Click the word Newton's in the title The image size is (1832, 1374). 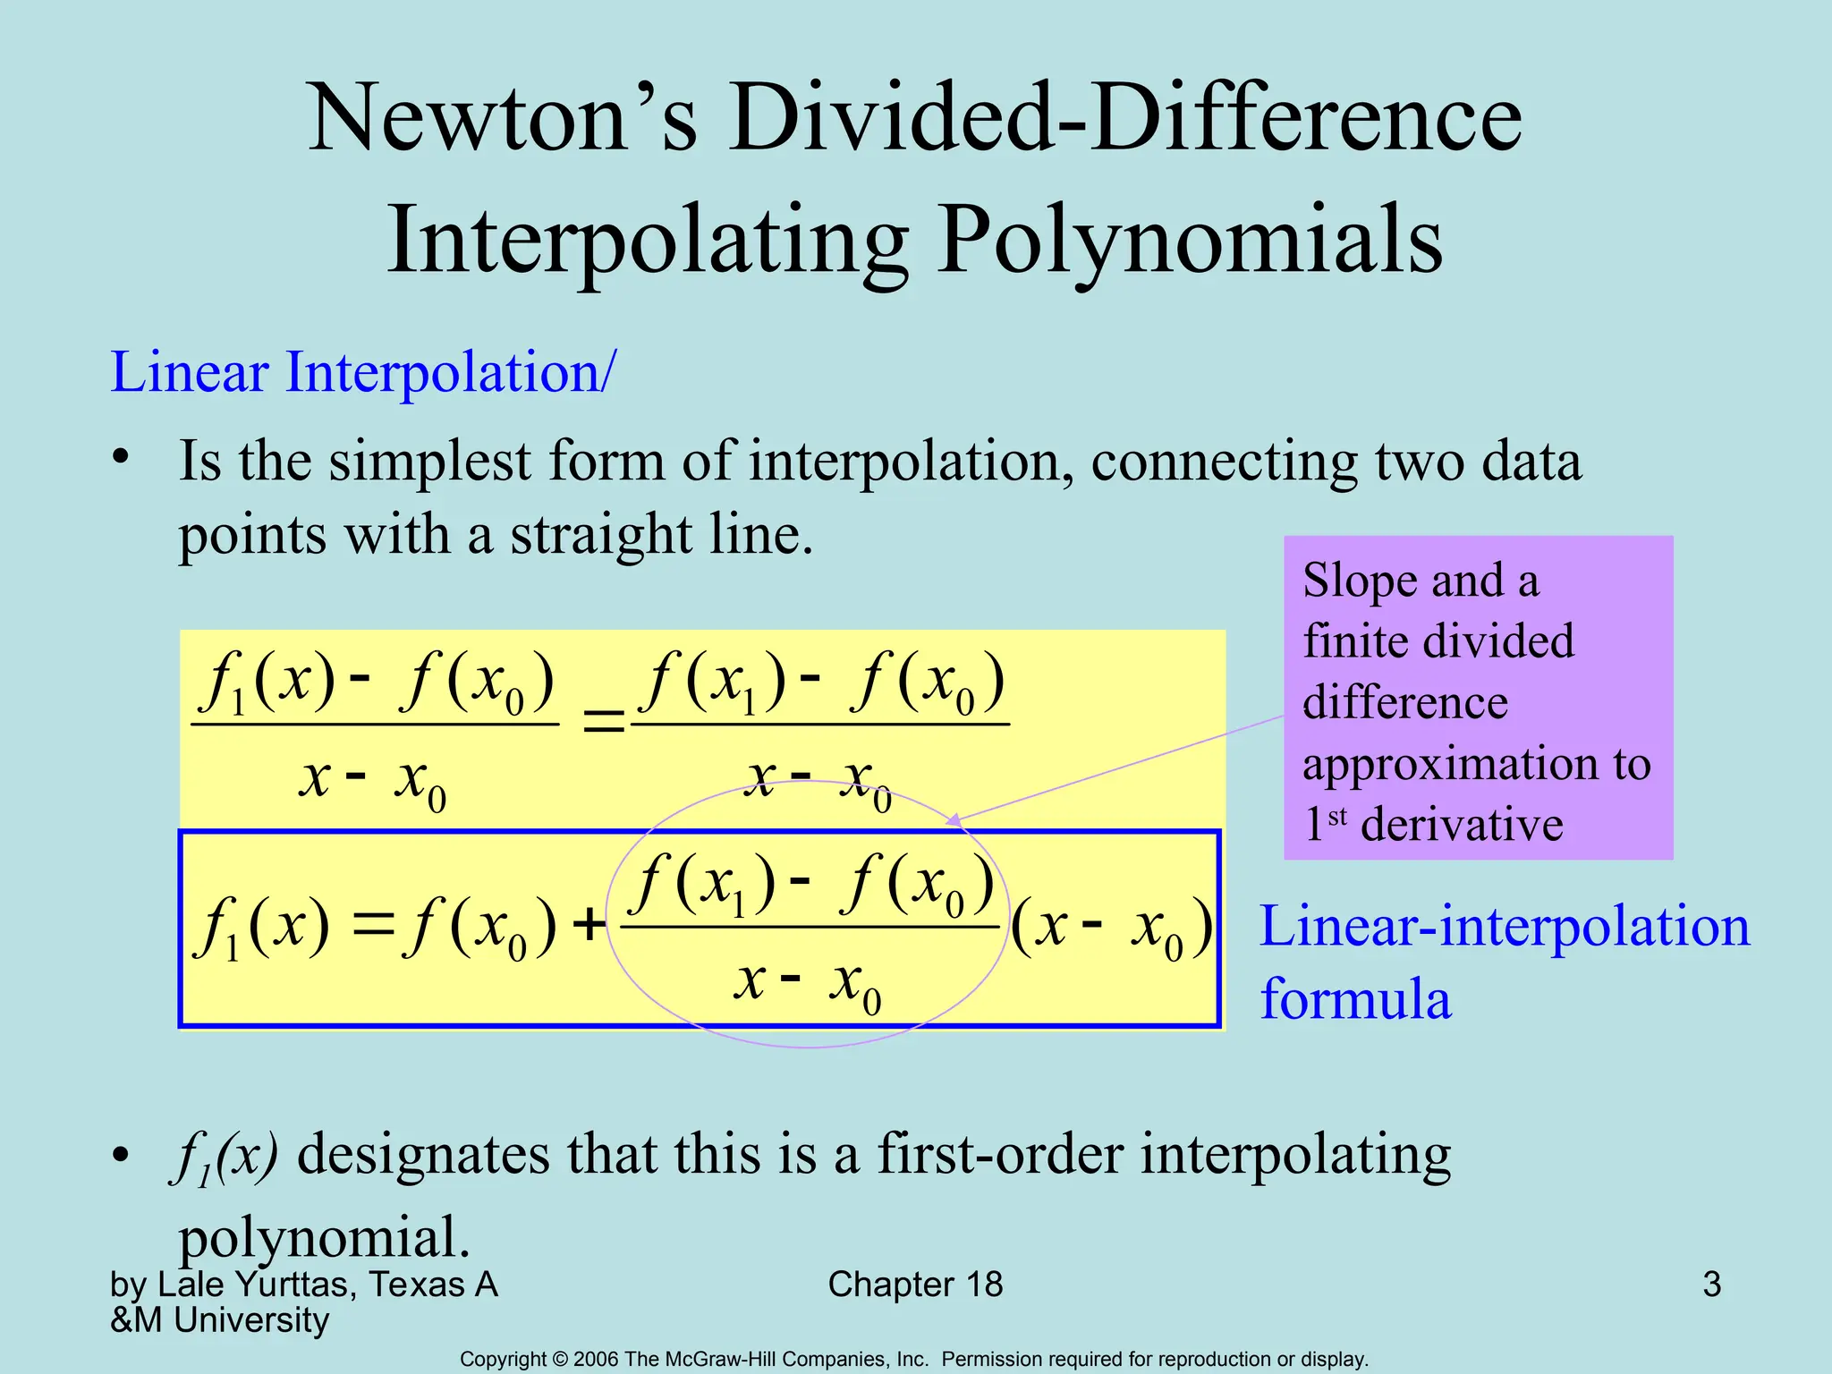click(502, 118)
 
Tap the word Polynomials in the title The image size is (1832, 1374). click(1190, 240)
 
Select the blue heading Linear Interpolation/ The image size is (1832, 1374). click(362, 372)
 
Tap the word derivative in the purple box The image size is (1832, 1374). click(1461, 824)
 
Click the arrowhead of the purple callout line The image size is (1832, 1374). click(954, 819)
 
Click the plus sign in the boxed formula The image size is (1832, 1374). click(589, 925)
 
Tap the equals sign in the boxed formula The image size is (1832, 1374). click(373, 925)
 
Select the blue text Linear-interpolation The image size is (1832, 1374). click(1504, 926)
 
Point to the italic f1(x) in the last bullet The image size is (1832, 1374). click(224, 1156)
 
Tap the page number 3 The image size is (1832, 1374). click(1711, 1285)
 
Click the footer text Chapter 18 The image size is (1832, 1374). click(915, 1285)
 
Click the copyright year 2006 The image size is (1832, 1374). click(597, 1360)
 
